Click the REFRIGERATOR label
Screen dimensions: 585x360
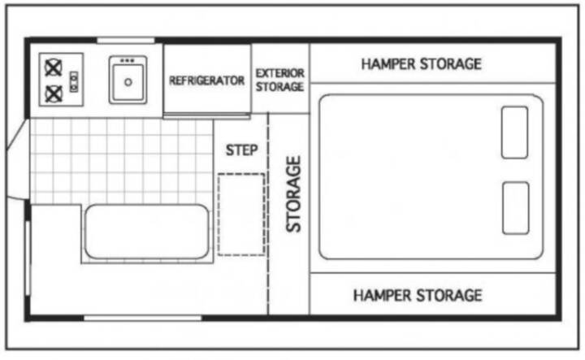coord(206,80)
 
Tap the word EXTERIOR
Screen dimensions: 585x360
coord(279,73)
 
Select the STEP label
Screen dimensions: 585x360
coord(242,150)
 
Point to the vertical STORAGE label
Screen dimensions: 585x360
coord(293,194)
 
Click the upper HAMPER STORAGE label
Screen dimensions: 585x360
coord(421,64)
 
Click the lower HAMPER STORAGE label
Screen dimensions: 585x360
coord(418,296)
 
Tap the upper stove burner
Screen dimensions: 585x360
coord(54,68)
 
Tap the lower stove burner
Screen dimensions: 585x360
coord(54,93)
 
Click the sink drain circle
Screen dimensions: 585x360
coord(128,82)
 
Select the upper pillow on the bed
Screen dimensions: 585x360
coord(514,132)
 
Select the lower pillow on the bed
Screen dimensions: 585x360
coord(516,208)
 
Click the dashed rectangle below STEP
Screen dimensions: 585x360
coord(241,215)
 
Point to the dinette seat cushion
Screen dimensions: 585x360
coord(146,232)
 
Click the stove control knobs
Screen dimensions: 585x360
coord(74,82)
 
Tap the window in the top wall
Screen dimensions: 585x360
coord(126,41)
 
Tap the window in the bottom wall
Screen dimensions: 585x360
coord(142,319)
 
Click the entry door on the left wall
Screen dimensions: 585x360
coord(17,158)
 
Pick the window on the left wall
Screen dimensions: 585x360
coord(28,258)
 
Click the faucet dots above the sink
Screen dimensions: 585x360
coord(128,60)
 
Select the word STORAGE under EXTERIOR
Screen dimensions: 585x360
coord(279,87)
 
